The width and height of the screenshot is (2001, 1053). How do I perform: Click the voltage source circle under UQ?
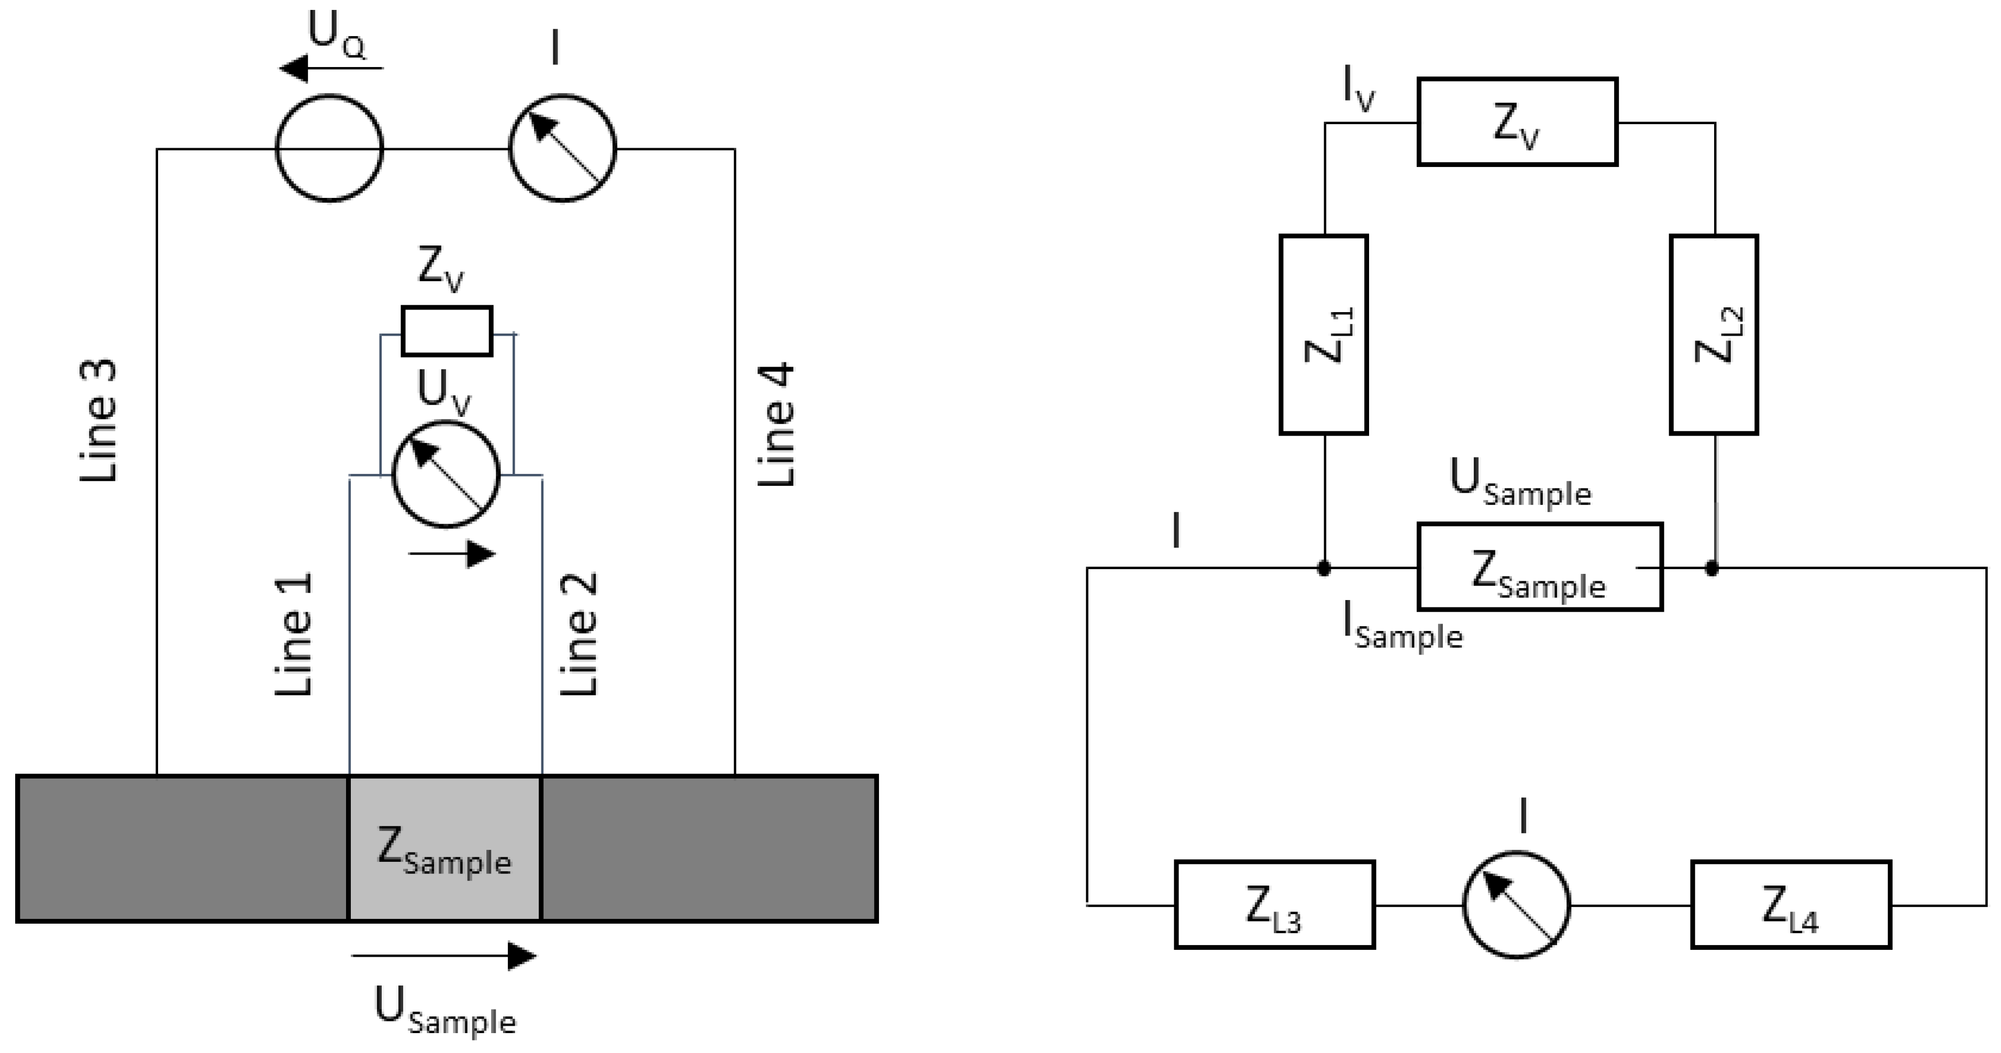point(329,148)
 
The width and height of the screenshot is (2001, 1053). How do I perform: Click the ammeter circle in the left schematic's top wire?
point(562,148)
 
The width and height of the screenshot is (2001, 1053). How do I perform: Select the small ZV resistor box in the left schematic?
point(447,331)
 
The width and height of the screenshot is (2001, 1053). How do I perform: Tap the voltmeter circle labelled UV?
point(446,475)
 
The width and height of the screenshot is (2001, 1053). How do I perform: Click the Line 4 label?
point(777,424)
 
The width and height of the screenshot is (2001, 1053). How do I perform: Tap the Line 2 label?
point(580,634)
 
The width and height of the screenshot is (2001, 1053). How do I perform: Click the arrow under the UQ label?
point(332,69)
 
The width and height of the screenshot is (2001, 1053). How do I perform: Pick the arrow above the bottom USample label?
point(444,955)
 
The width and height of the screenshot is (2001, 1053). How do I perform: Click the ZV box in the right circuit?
point(1517,122)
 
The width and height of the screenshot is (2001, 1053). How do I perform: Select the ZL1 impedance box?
point(1324,334)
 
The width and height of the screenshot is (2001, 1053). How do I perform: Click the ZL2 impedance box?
point(1714,334)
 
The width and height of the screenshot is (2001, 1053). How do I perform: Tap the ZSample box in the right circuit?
point(1540,567)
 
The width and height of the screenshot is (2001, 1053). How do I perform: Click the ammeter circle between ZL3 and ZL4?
point(1516,905)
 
